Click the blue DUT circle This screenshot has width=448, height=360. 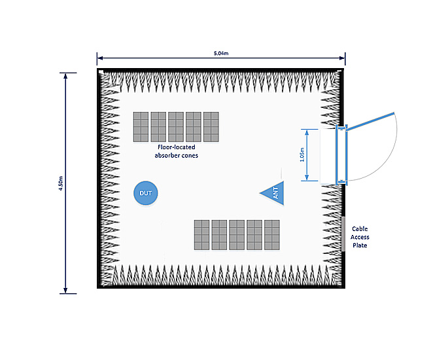146,193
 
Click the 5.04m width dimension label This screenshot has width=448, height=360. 221,52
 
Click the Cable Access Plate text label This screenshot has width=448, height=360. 360,236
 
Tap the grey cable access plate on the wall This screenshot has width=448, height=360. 343,234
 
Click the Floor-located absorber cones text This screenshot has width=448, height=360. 177,152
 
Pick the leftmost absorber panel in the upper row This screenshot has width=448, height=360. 141,127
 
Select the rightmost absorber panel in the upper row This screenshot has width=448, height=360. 211,127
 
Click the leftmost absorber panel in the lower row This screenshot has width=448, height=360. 201,235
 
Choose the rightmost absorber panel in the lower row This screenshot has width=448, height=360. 272,235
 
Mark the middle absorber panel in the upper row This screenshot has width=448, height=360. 176,127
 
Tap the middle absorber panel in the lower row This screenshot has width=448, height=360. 237,235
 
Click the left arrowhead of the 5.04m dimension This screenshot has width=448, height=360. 100,57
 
